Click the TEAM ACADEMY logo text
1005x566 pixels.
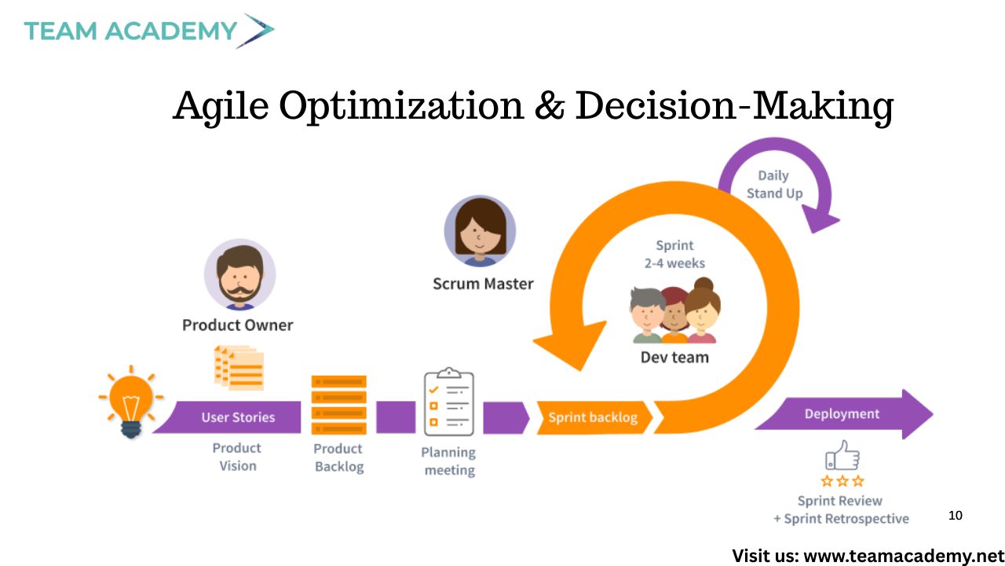[x=130, y=31]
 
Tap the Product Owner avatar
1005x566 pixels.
[x=240, y=274]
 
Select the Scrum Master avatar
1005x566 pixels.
[x=480, y=231]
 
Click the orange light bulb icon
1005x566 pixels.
[x=131, y=402]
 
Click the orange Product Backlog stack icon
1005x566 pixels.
[x=338, y=405]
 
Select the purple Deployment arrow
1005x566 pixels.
[x=843, y=414]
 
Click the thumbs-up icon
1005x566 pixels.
[x=842, y=455]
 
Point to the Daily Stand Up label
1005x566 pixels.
[x=774, y=184]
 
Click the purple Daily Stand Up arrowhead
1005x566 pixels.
[x=819, y=219]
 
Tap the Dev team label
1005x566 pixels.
[x=674, y=358]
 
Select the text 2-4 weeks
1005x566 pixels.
[x=674, y=263]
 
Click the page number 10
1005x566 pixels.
[x=956, y=515]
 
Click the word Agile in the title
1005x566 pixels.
[x=221, y=107]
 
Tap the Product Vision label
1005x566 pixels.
[x=237, y=457]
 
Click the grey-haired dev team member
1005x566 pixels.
[x=646, y=315]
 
